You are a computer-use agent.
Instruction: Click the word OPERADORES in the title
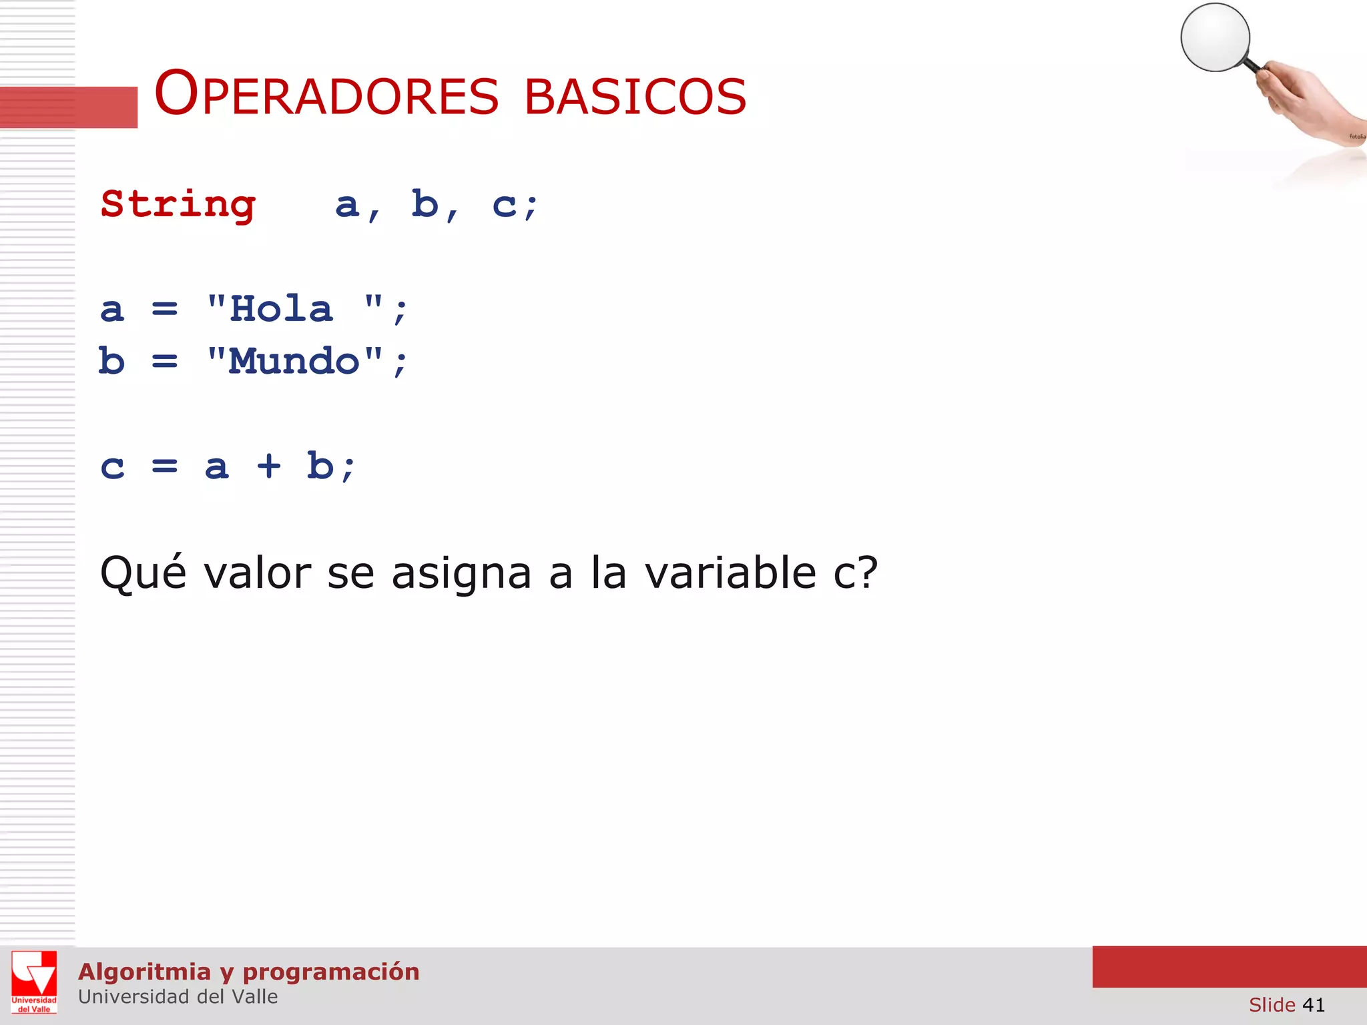pos(326,95)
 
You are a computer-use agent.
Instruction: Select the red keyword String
pos(178,205)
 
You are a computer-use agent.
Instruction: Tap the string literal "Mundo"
pos(294,361)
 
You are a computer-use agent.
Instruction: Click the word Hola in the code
pos(281,309)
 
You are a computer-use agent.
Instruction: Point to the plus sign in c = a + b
pos(269,466)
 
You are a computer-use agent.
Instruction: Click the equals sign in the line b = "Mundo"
pos(165,362)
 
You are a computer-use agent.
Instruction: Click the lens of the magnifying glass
pos(1215,37)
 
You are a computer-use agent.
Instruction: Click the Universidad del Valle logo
pos(34,982)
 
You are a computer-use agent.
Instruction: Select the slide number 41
pos(1313,1004)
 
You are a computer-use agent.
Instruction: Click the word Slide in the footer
pos(1272,1004)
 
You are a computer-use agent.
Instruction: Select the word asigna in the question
pos(461,574)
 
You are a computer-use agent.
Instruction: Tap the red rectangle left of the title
pos(68,107)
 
